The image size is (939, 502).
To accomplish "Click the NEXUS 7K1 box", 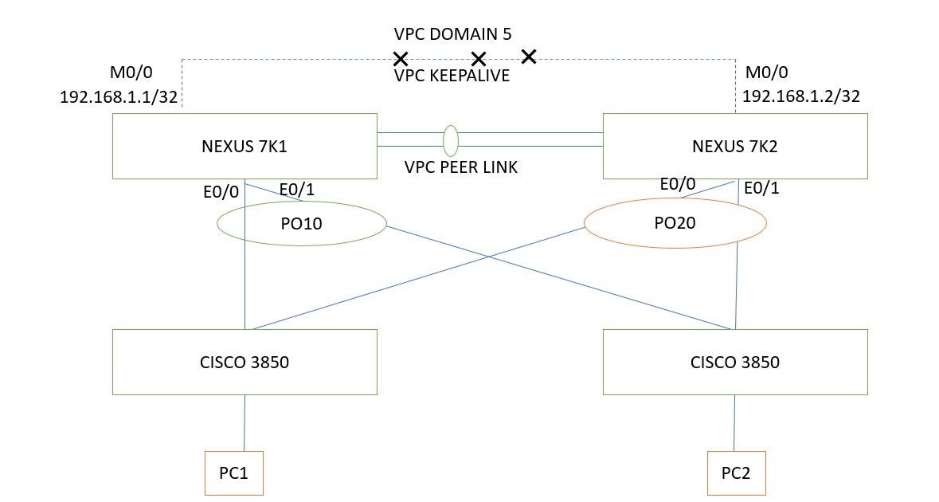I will click(244, 146).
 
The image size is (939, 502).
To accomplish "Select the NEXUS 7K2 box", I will click(734, 146).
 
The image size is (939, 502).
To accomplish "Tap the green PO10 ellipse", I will click(301, 224).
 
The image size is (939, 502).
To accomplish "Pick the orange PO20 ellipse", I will click(675, 223).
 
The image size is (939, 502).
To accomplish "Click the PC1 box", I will click(233, 473).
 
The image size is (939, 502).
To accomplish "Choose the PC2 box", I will click(736, 473).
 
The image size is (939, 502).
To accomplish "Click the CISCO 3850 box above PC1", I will click(244, 362).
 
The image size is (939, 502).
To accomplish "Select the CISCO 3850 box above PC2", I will click(734, 362).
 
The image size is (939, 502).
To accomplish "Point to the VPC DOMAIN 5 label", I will click(452, 34).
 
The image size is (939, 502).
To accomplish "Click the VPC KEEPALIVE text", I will click(452, 76).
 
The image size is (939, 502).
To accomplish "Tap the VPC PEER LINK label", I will click(460, 167).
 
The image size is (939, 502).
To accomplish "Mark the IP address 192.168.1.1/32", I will click(118, 97).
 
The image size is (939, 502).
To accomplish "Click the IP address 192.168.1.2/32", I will click(800, 97).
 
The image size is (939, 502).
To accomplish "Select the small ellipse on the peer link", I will click(451, 140).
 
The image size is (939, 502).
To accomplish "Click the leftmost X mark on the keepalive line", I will click(401, 59).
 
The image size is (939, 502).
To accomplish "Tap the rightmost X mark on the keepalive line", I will click(528, 56).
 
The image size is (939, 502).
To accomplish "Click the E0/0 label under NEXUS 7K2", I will click(678, 184).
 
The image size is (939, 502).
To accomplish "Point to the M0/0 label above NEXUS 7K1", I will click(130, 73).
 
